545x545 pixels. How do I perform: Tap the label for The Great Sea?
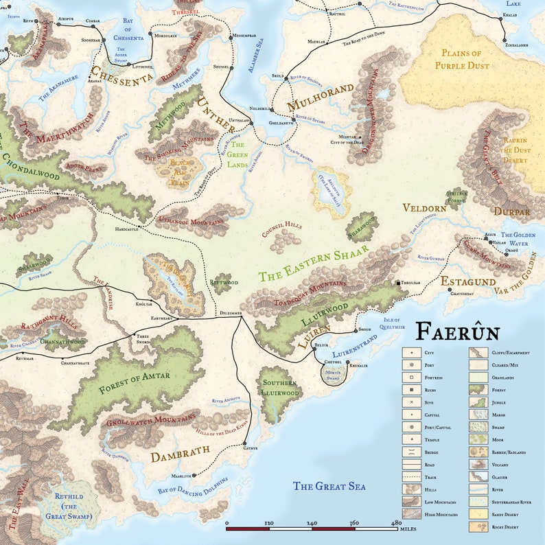329,487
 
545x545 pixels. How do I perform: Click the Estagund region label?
467,281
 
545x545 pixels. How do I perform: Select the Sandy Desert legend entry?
509,513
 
